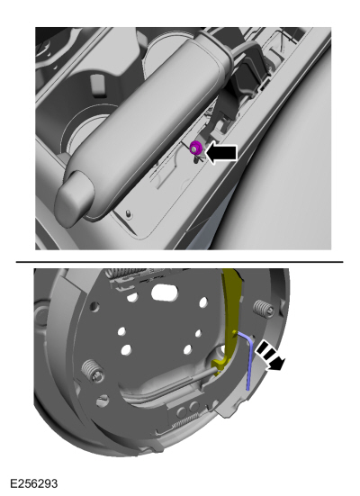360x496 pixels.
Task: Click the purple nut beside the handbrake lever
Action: pos(196,148)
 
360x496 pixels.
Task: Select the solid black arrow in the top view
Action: pos(221,153)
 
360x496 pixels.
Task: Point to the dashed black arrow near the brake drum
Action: pos(271,355)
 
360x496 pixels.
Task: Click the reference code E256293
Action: pos(34,483)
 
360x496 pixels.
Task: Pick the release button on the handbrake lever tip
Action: pos(74,198)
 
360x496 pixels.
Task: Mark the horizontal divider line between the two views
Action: pos(179,262)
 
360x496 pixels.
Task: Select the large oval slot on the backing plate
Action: pos(165,293)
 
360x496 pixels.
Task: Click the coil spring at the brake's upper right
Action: pos(263,309)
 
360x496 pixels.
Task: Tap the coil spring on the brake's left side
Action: pos(92,370)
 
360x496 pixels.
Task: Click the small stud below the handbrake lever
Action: pos(128,213)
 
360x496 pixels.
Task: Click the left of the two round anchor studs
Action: pos(181,411)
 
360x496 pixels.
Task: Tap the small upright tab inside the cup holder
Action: pos(97,85)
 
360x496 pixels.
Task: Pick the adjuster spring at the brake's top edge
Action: pos(127,274)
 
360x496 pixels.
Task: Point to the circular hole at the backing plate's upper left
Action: pos(94,306)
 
